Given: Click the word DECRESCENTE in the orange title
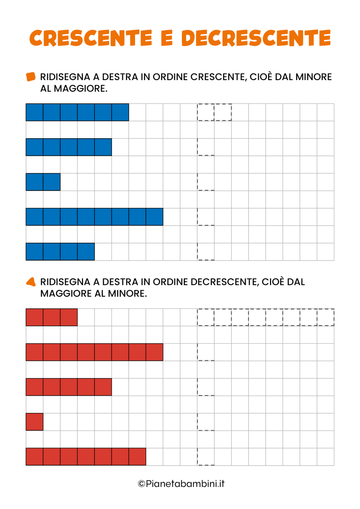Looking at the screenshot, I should click(256, 38).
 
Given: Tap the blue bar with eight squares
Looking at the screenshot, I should click(94, 217).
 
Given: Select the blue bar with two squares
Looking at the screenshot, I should click(43, 182).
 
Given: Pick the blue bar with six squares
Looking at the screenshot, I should click(77, 112).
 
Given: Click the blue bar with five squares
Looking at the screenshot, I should click(68, 147).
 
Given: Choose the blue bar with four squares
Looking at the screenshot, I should click(60, 252).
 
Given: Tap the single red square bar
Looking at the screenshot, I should click(34, 422).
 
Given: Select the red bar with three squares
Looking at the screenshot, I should click(52, 317).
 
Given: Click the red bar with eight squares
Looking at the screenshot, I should click(94, 352).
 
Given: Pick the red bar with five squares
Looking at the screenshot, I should click(68, 387).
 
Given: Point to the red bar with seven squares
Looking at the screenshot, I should click(86, 457).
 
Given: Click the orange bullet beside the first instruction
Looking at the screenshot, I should click(30, 77).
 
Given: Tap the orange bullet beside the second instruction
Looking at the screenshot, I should click(30, 282).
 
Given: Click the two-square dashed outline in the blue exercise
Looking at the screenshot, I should click(214, 112).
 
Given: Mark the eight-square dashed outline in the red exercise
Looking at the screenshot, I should click(265, 317).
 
